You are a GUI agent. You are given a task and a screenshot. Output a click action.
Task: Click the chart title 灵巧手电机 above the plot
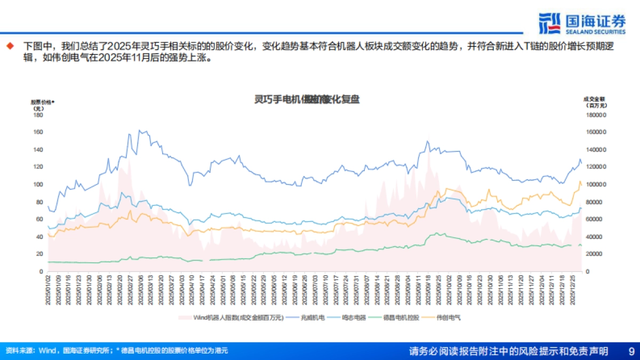(306, 99)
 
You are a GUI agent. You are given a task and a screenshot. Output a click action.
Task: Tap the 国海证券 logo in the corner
(582, 23)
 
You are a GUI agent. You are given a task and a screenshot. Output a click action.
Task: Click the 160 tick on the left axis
(38, 132)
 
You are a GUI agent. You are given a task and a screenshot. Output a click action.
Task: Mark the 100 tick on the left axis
(38, 184)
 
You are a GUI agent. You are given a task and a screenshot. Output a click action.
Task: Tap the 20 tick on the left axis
(39, 254)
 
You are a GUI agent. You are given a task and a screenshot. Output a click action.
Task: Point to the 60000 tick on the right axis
(596, 219)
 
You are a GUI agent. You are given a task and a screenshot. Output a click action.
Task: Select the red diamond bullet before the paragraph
(9, 46)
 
